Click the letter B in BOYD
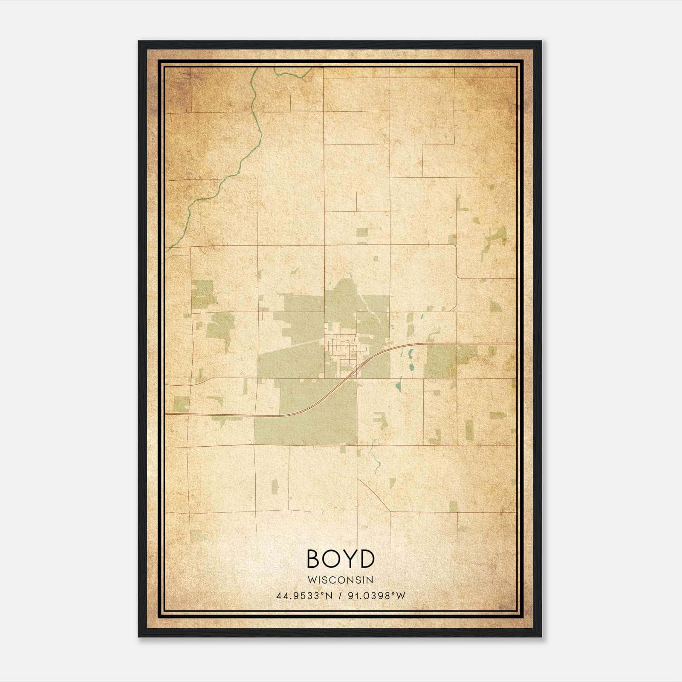coord(314,559)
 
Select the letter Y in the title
coord(350,559)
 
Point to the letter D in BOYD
coord(367,559)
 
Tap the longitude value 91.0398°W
coord(377,595)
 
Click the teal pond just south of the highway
coord(410,354)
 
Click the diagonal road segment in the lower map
coord(374,496)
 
